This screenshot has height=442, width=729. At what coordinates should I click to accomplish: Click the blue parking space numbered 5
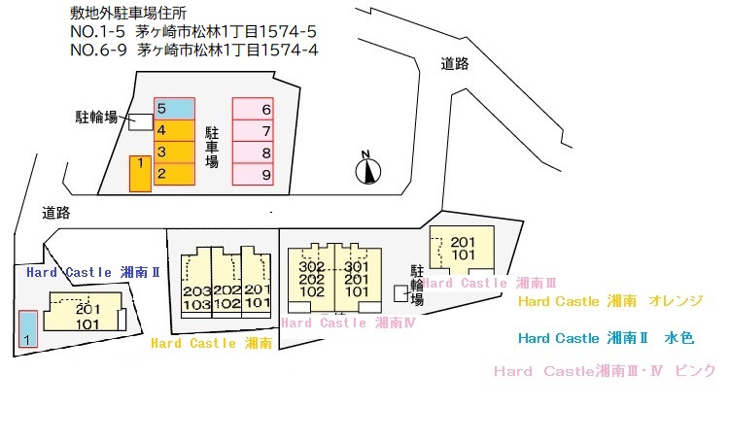point(174,108)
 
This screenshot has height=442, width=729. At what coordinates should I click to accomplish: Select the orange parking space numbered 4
point(174,130)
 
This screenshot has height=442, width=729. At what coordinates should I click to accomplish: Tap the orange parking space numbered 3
point(174,153)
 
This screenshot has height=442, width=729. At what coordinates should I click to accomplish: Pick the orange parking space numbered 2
point(174,174)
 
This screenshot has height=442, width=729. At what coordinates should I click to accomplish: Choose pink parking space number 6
point(253,109)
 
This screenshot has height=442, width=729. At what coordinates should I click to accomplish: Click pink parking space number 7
point(253,130)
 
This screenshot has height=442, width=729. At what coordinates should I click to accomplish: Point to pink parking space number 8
point(253,153)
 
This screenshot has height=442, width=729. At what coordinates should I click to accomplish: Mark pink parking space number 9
point(253,174)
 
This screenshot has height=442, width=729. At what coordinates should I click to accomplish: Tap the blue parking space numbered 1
point(28,329)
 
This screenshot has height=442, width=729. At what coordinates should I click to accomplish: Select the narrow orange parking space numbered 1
point(140,174)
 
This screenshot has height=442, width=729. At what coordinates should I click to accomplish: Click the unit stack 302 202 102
point(311,280)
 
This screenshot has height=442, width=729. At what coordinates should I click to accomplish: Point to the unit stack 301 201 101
point(357,280)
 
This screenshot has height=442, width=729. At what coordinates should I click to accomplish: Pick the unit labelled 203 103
point(196,297)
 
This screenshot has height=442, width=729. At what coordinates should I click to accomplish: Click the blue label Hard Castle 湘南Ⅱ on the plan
point(93,272)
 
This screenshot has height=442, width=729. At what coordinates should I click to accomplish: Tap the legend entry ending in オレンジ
point(610,301)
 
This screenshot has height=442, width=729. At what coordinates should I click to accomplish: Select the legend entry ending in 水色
point(607,338)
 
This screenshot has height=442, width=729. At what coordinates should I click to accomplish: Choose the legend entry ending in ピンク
point(605,371)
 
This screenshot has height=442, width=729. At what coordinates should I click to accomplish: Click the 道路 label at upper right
point(455,64)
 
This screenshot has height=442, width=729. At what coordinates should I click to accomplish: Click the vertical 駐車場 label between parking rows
point(212,148)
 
